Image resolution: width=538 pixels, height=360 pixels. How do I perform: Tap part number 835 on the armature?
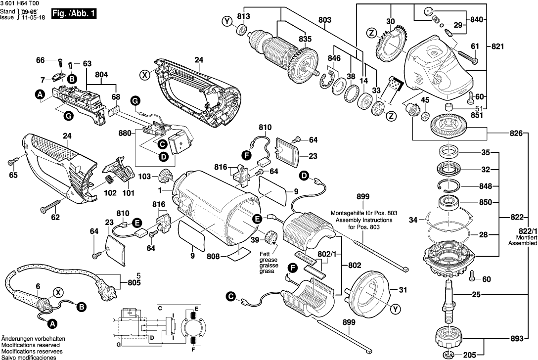pyautogui.click(x=305, y=39)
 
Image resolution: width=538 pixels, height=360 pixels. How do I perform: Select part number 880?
pyautogui.click(x=126, y=133)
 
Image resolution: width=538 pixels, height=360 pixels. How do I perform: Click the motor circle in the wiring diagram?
pyautogui.click(x=193, y=326)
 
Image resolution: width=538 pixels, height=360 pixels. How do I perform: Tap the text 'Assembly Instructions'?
pyautogui.click(x=363, y=220)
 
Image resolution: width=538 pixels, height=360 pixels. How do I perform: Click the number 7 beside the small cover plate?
pyautogui.click(x=43, y=79)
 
